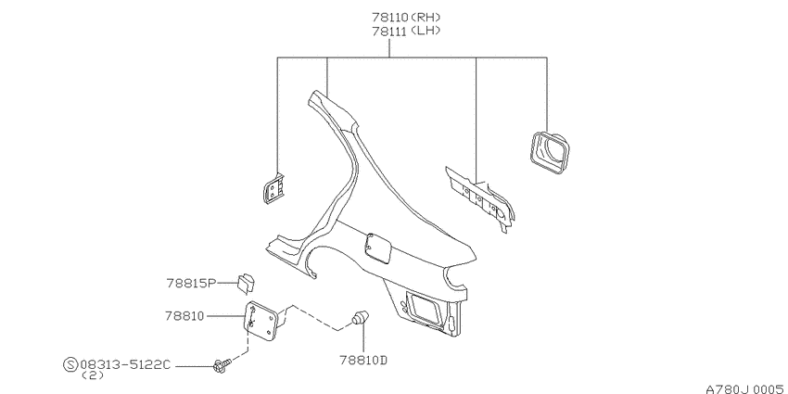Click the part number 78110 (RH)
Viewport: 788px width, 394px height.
(406, 17)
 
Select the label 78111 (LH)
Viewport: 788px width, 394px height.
(406, 31)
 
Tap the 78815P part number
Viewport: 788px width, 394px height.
(191, 284)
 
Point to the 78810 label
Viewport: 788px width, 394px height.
(184, 316)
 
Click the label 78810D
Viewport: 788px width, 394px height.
(363, 361)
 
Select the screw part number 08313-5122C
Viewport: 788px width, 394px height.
(125, 365)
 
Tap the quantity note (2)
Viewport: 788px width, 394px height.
(92, 375)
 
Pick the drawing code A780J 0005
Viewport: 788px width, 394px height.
(745, 389)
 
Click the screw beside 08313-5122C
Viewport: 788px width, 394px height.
(222, 366)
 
